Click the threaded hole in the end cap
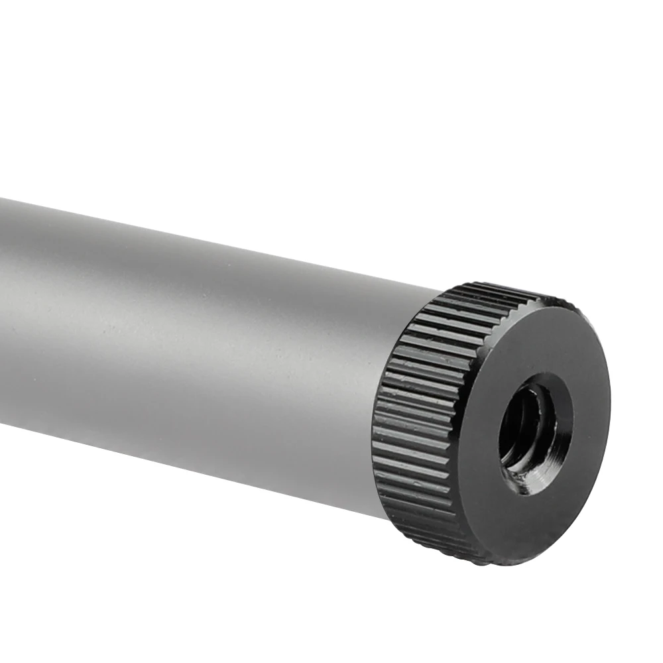tap(536, 434)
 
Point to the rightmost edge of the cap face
tap(609, 424)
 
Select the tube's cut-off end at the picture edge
tap(3, 312)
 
